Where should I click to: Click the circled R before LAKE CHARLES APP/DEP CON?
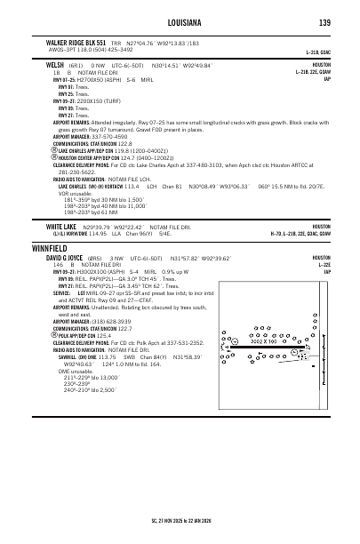(55, 149)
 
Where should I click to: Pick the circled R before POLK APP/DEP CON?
(55, 359)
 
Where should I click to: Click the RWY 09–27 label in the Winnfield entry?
(63, 272)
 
